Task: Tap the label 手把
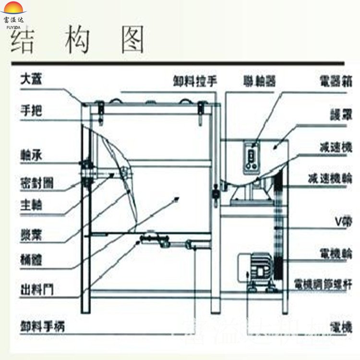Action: pos(32,110)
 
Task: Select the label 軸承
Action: pos(32,155)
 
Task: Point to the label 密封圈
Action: pos(36,182)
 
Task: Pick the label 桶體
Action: pos(32,260)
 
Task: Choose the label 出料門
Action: pos(36,289)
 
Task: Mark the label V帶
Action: pos(343,222)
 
